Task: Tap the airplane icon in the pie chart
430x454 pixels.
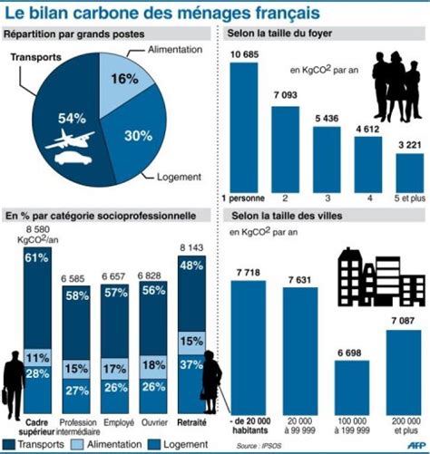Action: click(70, 139)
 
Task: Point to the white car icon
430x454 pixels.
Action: click(73, 159)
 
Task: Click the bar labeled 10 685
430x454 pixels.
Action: click(244, 128)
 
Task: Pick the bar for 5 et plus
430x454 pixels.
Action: click(410, 173)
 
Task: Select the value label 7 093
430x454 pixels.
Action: click(286, 95)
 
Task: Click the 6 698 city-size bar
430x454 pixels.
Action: click(352, 388)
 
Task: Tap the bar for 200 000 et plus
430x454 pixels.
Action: click(404, 372)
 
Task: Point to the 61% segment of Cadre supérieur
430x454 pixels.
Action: click(37, 298)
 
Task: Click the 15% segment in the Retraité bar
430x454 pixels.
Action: click(191, 343)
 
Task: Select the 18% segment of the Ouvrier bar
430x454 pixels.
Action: click(153, 367)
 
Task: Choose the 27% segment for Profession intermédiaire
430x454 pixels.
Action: click(76, 396)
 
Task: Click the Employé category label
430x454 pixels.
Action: click(119, 422)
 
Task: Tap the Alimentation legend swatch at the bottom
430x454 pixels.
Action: click(76, 444)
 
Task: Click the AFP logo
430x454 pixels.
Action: click(415, 445)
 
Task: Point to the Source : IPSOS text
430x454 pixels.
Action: click(259, 446)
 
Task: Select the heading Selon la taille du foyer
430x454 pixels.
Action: click(279, 33)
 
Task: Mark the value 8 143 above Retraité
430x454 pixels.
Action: click(191, 248)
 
